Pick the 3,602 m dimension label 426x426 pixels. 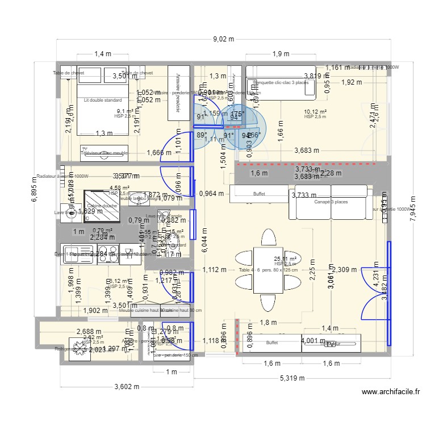pos(127,387)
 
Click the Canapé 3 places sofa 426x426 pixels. pos(332,202)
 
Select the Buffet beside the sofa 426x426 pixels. pos(258,194)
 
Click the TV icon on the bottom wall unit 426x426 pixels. pos(331,344)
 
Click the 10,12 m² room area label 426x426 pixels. pos(315,112)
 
